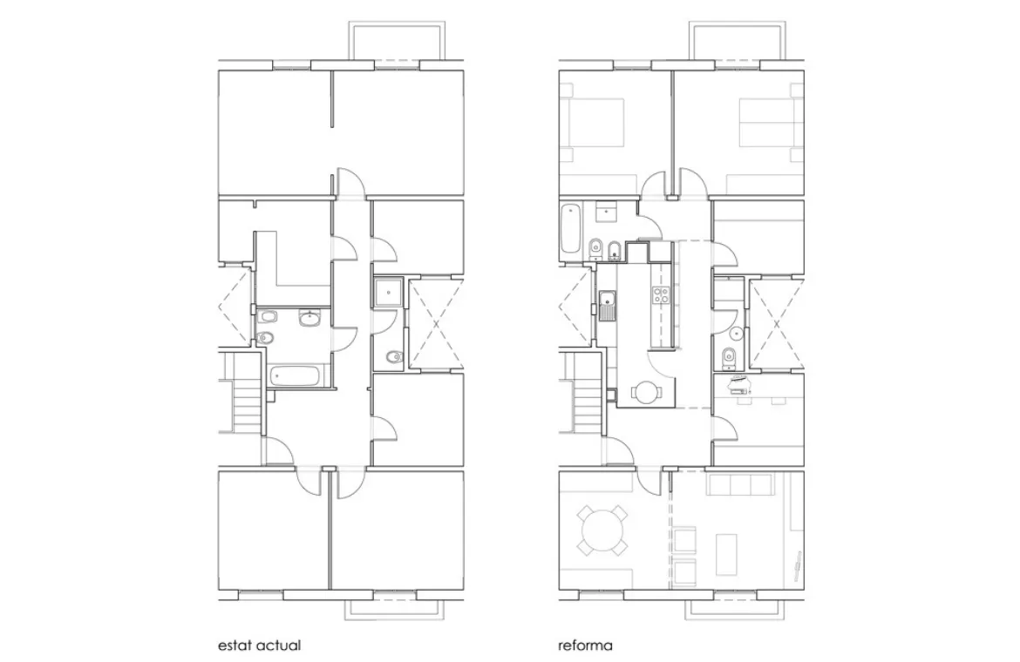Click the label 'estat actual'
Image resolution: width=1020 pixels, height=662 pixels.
coord(259,646)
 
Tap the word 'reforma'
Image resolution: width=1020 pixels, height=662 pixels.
coord(585,646)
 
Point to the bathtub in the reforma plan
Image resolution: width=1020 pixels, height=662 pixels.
coord(571,228)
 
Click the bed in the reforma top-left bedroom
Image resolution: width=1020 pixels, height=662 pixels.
coord(595,122)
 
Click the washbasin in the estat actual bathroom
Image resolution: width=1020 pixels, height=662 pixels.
coord(310,319)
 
